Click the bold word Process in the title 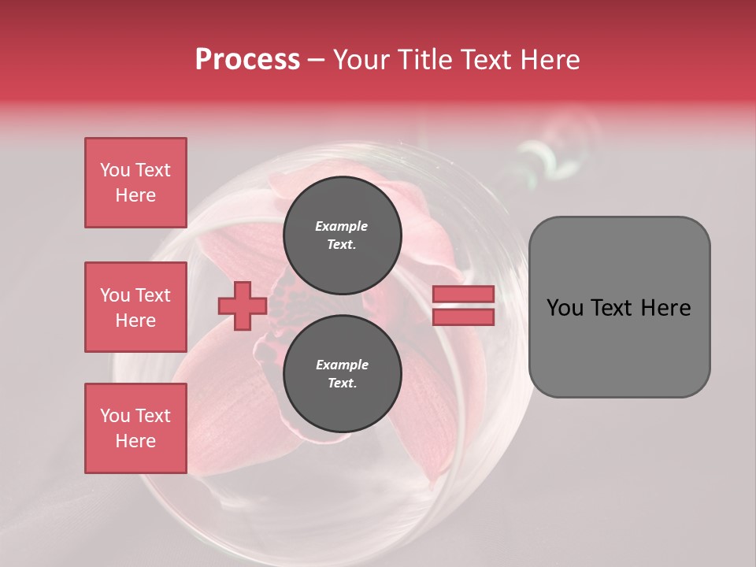(x=247, y=60)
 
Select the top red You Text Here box (x=135, y=183)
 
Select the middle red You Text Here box (x=135, y=307)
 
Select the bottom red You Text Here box (x=135, y=428)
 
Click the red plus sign (x=243, y=306)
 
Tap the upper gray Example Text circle (x=342, y=235)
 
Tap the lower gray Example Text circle (x=342, y=373)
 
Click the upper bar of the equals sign (x=463, y=295)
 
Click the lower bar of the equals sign (x=463, y=317)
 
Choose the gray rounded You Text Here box (x=619, y=307)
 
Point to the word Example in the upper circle (x=342, y=226)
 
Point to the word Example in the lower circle (x=342, y=365)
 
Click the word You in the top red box (x=115, y=170)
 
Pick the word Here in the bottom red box (x=135, y=441)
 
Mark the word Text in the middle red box (x=152, y=295)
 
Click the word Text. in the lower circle (x=342, y=384)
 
